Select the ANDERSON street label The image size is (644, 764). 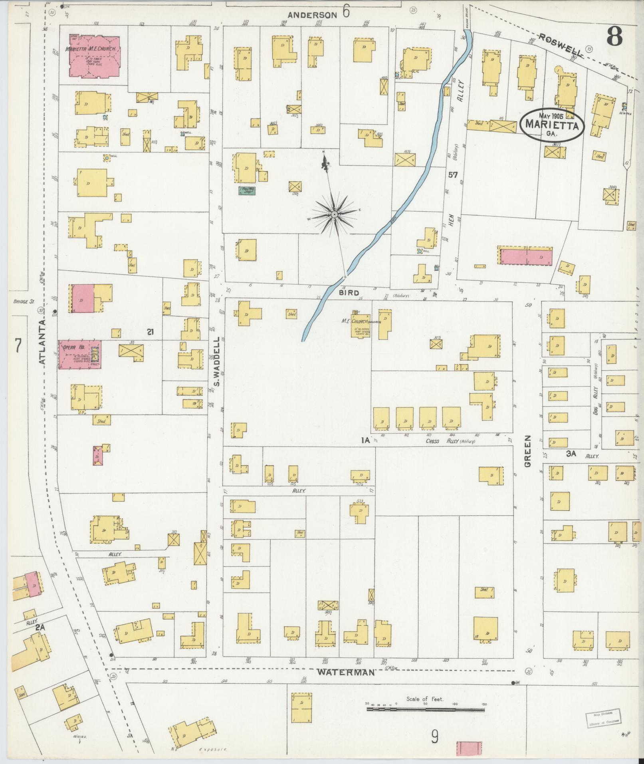click(312, 15)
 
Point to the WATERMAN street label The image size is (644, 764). click(346, 673)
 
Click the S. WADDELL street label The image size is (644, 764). click(217, 362)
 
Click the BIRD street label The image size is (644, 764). click(350, 293)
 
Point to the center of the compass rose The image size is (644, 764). click(334, 215)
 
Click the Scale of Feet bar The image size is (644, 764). click(426, 710)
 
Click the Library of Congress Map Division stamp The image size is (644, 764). click(603, 718)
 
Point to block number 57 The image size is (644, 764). click(452, 175)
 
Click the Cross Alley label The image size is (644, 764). click(438, 441)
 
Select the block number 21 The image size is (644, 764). click(150, 331)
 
